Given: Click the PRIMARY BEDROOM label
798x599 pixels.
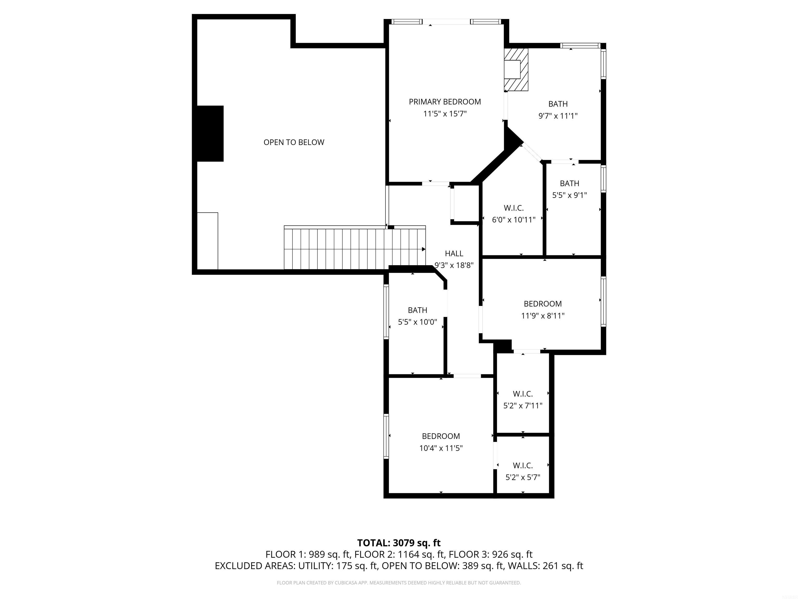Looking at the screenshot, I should point(444,102).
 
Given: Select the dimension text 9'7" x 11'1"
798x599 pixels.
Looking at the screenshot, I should point(558,116).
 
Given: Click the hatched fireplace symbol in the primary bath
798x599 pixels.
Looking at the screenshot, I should point(516,70).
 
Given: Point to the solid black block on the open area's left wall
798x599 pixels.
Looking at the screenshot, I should point(210,133).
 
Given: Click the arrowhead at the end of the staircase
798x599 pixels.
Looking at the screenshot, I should point(423,249).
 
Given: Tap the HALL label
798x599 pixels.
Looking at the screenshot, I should point(454,253).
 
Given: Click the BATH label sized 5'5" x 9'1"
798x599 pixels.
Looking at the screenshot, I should point(569,184).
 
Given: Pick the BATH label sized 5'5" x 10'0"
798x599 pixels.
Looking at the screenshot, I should point(417,310).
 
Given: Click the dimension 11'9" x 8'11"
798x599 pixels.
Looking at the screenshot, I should point(543,316).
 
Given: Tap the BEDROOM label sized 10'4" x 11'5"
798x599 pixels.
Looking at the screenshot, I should point(441,436).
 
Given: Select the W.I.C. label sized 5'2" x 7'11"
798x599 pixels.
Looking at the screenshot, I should point(523,394).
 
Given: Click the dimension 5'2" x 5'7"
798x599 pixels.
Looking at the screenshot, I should point(523,477).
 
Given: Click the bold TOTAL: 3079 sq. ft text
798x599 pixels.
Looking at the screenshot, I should point(399,543).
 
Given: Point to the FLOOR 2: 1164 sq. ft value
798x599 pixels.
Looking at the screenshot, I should point(398,554).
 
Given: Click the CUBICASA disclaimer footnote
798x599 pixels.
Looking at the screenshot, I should point(399,583).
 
